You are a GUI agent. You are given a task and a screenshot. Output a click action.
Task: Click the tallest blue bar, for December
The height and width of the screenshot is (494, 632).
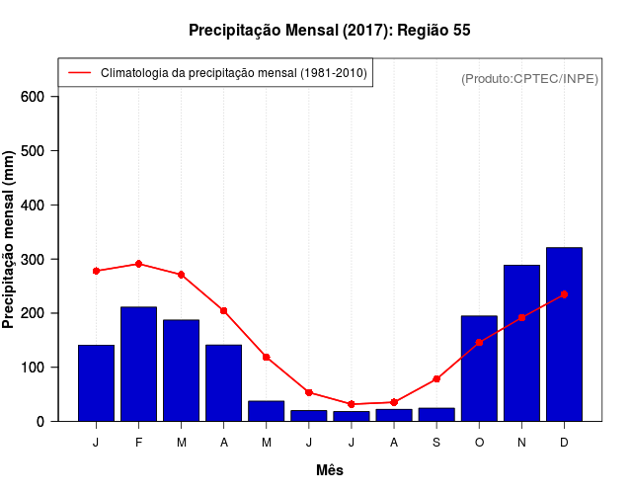click(x=564, y=336)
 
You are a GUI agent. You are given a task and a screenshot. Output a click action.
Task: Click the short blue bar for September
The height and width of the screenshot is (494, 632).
click(x=436, y=414)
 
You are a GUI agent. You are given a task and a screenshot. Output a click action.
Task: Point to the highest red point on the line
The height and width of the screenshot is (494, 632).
click(x=138, y=264)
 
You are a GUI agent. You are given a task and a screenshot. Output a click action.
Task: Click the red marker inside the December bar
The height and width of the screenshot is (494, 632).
click(x=564, y=294)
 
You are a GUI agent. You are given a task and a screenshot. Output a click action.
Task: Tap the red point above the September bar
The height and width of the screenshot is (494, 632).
click(x=436, y=379)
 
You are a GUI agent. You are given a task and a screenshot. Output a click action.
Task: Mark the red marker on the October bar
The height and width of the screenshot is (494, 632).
click(x=479, y=342)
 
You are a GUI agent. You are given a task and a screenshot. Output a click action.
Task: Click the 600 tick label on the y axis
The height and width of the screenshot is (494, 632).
click(x=33, y=97)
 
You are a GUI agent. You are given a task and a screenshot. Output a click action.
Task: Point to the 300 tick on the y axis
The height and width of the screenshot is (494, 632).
click(x=33, y=259)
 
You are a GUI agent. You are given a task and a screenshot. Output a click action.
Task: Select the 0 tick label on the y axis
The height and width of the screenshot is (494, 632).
click(x=40, y=421)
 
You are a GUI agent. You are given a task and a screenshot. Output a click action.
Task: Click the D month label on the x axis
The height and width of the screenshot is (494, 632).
click(x=564, y=442)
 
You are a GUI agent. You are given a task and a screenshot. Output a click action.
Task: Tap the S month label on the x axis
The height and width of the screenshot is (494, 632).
click(x=436, y=442)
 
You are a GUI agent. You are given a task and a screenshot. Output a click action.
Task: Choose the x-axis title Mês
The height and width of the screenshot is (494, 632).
click(x=330, y=470)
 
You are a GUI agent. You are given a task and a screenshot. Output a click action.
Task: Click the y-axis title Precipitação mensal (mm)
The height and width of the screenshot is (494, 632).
click(x=10, y=240)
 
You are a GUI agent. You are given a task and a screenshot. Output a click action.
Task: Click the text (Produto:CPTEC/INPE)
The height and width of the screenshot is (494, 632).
click(x=529, y=78)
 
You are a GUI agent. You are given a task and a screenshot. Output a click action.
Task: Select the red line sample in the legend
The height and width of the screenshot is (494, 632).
click(x=79, y=73)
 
